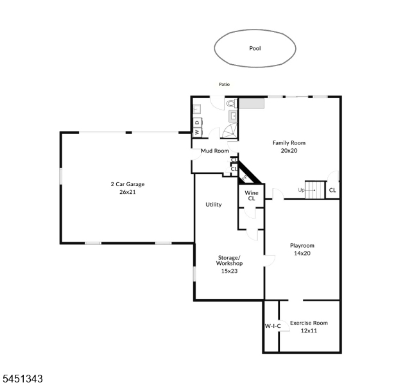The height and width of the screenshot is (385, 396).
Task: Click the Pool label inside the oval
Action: [255, 48]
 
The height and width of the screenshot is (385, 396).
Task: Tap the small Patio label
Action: [224, 84]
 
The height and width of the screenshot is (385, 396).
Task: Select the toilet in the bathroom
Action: [231, 103]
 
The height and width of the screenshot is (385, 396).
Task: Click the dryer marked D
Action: [198, 123]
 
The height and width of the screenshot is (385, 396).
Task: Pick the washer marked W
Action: [197, 132]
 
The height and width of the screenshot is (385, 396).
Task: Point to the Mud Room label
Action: [214, 151]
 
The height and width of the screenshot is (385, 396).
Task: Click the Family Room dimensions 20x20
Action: [289, 150]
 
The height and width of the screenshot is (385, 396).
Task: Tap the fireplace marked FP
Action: [245, 178]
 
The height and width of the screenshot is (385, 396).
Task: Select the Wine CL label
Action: [252, 196]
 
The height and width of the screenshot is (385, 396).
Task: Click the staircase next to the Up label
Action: [315, 190]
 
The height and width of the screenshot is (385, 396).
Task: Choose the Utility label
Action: [214, 205]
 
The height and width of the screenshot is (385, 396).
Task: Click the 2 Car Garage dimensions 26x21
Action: [128, 192]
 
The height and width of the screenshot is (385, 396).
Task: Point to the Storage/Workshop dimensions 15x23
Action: [229, 271]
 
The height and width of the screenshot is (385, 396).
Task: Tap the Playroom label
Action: [302, 245]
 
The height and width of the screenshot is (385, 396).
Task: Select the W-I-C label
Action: [273, 326]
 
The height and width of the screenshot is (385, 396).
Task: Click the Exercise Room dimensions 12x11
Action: [309, 330]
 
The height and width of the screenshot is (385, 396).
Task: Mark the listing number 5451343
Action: [22, 379]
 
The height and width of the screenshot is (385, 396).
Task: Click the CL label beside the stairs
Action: [332, 190]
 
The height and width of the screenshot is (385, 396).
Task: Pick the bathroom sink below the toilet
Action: [233, 116]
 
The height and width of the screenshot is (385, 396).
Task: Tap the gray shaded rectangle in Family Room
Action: [252, 103]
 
